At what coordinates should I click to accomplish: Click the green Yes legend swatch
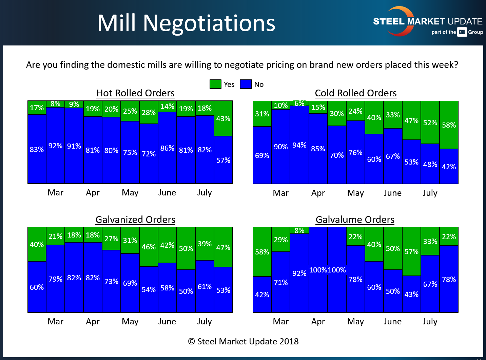coord(215,84)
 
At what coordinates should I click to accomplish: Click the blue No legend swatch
coord(246,84)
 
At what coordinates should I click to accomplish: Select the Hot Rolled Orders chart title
coord(135,93)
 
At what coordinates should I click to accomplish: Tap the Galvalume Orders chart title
coord(355,220)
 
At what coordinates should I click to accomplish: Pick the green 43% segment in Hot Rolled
coord(223,118)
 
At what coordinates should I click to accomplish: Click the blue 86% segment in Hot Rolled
coord(167,148)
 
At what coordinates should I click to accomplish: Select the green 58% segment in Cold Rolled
coord(449,125)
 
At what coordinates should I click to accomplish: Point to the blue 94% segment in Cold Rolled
coord(299,145)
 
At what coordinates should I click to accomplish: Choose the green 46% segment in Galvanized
coord(149,247)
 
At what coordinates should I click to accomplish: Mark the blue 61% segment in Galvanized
coord(205,286)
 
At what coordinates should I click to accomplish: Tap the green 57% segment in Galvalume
coord(411,251)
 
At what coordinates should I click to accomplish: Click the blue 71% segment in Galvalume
coord(281,282)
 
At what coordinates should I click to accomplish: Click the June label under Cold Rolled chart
coord(393,193)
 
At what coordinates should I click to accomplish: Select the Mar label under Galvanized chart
coord(56,321)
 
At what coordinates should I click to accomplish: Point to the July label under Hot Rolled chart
coord(205,193)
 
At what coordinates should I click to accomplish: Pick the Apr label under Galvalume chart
coord(318,321)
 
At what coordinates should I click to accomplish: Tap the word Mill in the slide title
coord(116,23)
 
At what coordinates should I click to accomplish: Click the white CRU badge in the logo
coord(462,32)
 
